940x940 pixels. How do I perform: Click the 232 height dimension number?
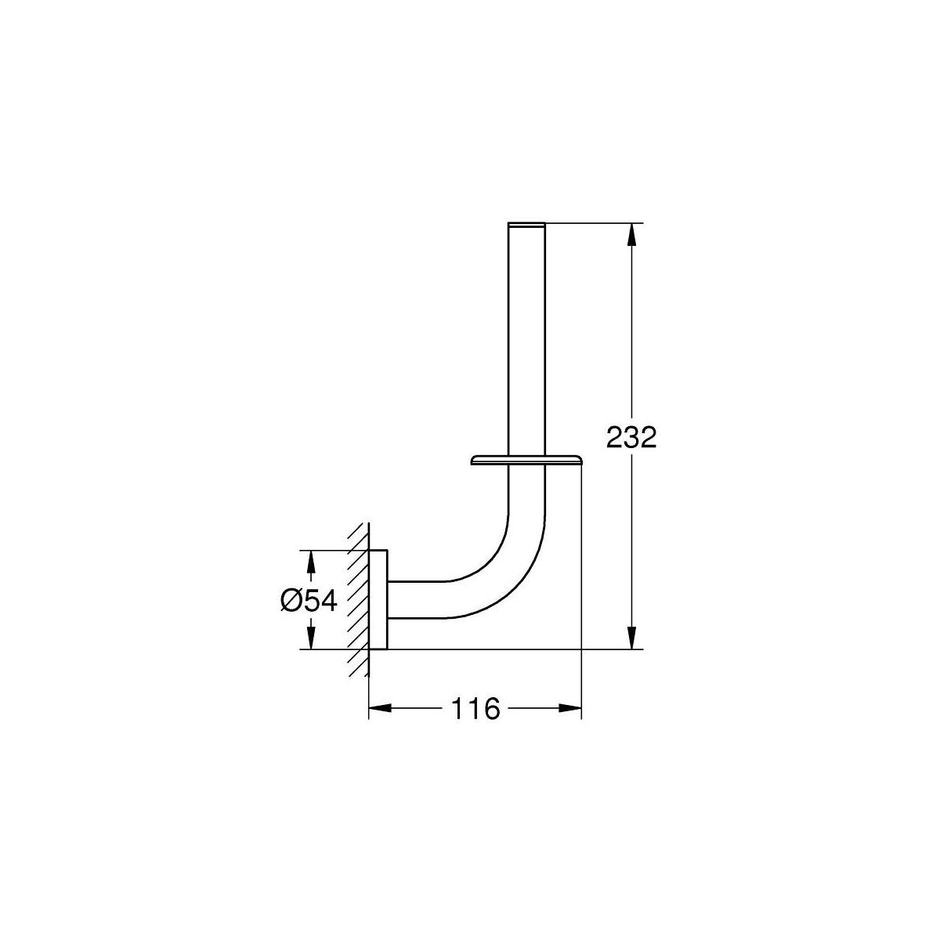tap(631, 438)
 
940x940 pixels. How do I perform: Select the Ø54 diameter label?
tap(309, 601)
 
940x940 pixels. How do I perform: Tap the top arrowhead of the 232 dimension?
tap(631, 235)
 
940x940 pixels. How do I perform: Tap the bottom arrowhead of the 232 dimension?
tap(631, 638)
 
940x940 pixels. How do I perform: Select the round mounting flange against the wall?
tap(378, 600)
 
